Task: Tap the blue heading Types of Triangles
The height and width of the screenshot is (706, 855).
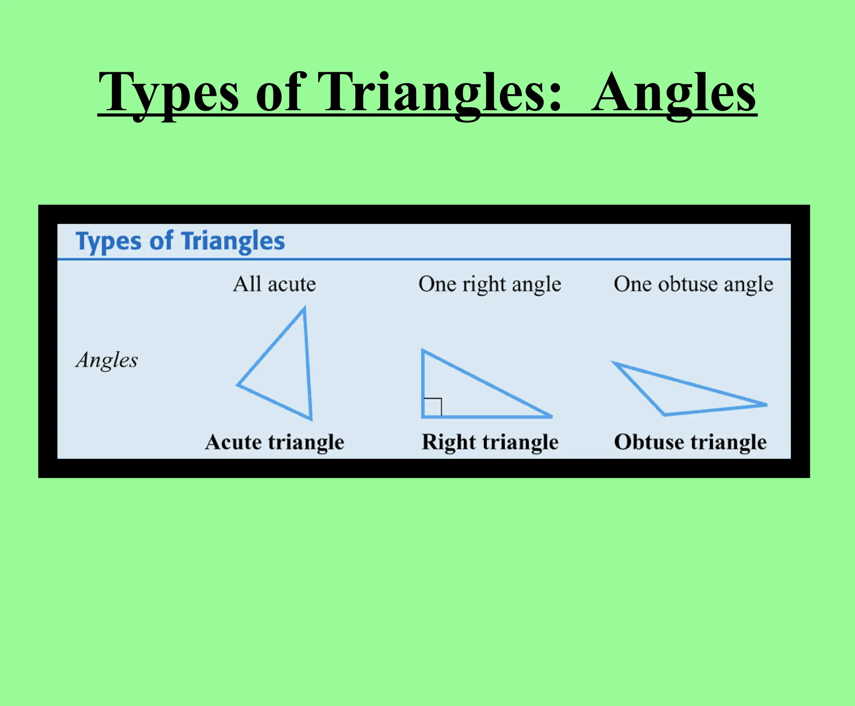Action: (180, 241)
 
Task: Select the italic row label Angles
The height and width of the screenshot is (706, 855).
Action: (107, 360)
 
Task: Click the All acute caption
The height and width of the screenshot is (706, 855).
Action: (274, 284)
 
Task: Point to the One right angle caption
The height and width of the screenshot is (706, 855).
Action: (490, 284)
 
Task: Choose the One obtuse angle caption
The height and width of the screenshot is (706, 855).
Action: (693, 284)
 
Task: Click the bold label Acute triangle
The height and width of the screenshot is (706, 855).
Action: (275, 442)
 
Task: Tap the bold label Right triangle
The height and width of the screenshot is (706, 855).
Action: (490, 442)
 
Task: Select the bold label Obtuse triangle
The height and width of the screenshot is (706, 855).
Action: (691, 442)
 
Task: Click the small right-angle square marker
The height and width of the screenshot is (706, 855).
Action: (433, 407)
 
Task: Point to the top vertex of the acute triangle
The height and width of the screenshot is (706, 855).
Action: (304, 309)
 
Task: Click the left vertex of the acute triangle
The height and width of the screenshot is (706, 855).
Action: (238, 385)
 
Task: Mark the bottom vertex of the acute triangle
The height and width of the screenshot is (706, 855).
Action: (311, 419)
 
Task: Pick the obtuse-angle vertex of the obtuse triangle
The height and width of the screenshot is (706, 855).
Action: (665, 414)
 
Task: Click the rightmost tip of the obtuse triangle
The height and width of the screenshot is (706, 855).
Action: (766, 404)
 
